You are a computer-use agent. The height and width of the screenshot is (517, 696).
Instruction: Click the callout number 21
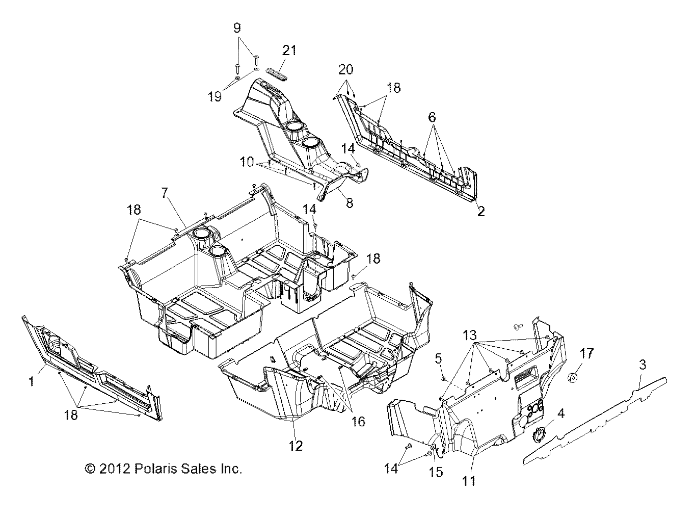tap(289, 50)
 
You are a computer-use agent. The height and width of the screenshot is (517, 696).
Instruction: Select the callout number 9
tap(236, 28)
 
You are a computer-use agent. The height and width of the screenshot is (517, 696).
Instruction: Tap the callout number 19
tap(215, 96)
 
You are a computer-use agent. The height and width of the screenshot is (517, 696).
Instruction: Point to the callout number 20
tap(346, 69)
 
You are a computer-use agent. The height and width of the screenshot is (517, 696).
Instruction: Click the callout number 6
tap(432, 117)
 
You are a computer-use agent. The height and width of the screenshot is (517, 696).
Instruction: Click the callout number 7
tap(164, 193)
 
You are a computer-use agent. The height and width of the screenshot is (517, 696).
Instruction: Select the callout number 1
tap(32, 380)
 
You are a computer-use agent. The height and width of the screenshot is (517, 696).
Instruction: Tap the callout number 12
tap(296, 446)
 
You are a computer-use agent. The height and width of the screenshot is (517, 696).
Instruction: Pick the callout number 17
tap(586, 353)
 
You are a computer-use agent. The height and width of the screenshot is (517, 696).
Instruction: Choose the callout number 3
tap(643, 364)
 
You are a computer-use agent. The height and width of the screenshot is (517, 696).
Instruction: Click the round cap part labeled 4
tap(539, 434)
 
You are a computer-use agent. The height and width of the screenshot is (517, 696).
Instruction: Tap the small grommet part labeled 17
tap(574, 378)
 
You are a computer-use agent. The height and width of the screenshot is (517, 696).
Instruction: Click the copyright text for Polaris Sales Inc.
tap(163, 469)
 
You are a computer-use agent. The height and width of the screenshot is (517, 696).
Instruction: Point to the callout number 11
tap(469, 480)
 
